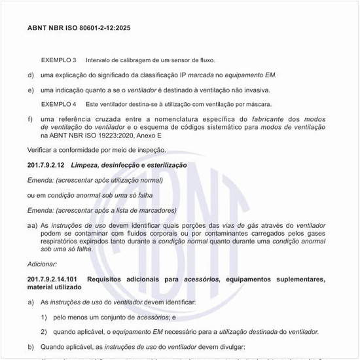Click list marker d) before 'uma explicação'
pos(31,75)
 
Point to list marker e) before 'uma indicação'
pos(31,90)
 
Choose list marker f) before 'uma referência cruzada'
pos(30,119)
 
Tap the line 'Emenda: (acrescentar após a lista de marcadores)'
pos(101,210)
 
